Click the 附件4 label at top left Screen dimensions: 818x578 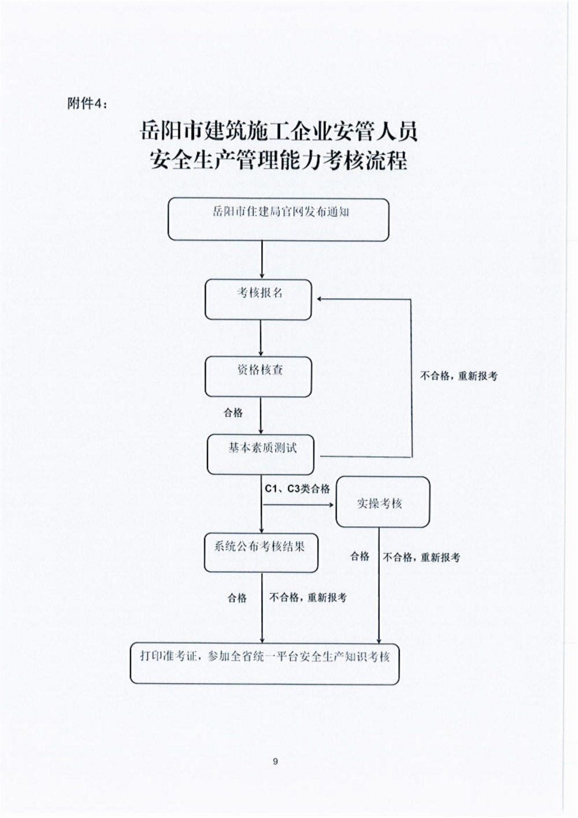pyautogui.click(x=87, y=103)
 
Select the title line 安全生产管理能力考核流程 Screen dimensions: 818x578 pyautogui.click(x=278, y=160)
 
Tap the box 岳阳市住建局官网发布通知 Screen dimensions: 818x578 pyautogui.click(x=278, y=219)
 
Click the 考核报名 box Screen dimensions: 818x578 pyautogui.click(x=258, y=299)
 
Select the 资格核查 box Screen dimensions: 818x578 pyautogui.click(x=258, y=376)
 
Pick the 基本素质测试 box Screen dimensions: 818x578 pyautogui.click(x=260, y=454)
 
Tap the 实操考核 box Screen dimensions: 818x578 pyautogui.click(x=383, y=502)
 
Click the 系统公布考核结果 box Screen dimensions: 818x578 pyautogui.click(x=261, y=553)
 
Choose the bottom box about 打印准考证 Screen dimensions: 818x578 pyautogui.click(x=265, y=663)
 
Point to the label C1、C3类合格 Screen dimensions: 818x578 pyautogui.click(x=297, y=489)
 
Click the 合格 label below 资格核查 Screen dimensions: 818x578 pyautogui.click(x=234, y=413)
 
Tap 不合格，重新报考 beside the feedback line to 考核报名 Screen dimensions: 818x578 pyautogui.click(x=458, y=376)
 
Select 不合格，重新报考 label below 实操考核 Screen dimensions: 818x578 pyautogui.click(x=421, y=557)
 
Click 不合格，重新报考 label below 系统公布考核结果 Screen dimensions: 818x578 pyautogui.click(x=308, y=597)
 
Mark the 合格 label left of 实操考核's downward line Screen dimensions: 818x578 pyautogui.click(x=360, y=556)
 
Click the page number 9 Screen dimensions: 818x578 pyautogui.click(x=275, y=761)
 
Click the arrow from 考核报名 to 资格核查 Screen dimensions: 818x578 pyautogui.click(x=262, y=338)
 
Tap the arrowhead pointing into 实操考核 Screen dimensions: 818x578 pyautogui.click(x=332, y=505)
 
